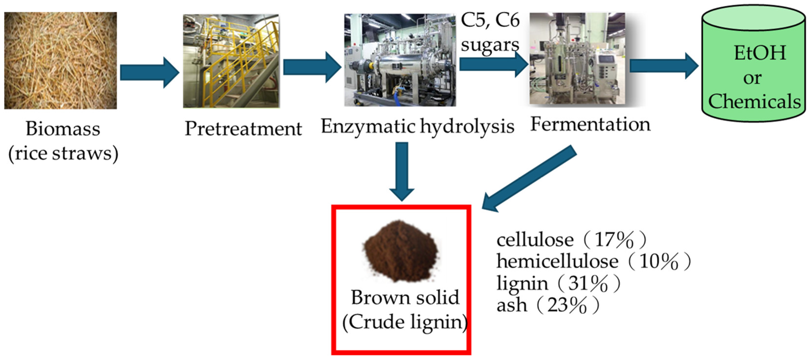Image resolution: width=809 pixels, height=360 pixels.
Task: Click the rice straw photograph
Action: click(x=60, y=60)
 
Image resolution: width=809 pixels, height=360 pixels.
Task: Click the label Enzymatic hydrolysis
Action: click(x=417, y=127)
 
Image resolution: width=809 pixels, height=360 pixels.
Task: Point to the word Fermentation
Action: click(x=590, y=124)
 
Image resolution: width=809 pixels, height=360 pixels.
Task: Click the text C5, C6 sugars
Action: click(x=490, y=32)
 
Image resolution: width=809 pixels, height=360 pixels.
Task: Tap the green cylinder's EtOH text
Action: click(x=760, y=53)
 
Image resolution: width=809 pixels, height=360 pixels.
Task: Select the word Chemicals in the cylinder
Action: click(x=754, y=101)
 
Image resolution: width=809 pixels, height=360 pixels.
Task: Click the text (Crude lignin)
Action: click(x=405, y=322)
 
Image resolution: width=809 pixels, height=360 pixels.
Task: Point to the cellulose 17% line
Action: click(x=571, y=240)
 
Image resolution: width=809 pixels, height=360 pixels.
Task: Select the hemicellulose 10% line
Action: click(x=593, y=261)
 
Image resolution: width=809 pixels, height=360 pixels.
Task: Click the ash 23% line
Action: click(x=547, y=305)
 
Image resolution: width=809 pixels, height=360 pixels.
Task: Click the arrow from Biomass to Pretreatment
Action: click(x=149, y=73)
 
